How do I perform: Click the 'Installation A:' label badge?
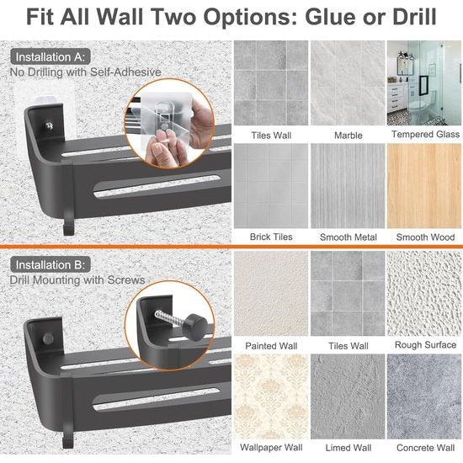[51, 56]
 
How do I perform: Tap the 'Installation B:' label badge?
[51, 264]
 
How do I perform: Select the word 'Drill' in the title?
[414, 17]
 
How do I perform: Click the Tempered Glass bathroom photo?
[424, 83]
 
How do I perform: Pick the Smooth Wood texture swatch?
[424, 186]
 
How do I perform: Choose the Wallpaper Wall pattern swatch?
[271, 396]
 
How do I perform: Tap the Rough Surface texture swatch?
[424, 294]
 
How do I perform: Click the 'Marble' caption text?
[349, 136]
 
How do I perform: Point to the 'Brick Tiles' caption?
[271, 237]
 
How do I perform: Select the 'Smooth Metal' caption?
[349, 237]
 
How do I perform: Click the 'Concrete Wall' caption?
[425, 448]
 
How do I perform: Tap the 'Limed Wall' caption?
[349, 448]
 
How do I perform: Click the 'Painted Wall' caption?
[271, 346]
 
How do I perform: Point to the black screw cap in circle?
[194, 327]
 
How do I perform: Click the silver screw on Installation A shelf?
[49, 125]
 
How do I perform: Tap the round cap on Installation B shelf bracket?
[48, 338]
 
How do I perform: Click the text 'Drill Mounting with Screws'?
[77, 280]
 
